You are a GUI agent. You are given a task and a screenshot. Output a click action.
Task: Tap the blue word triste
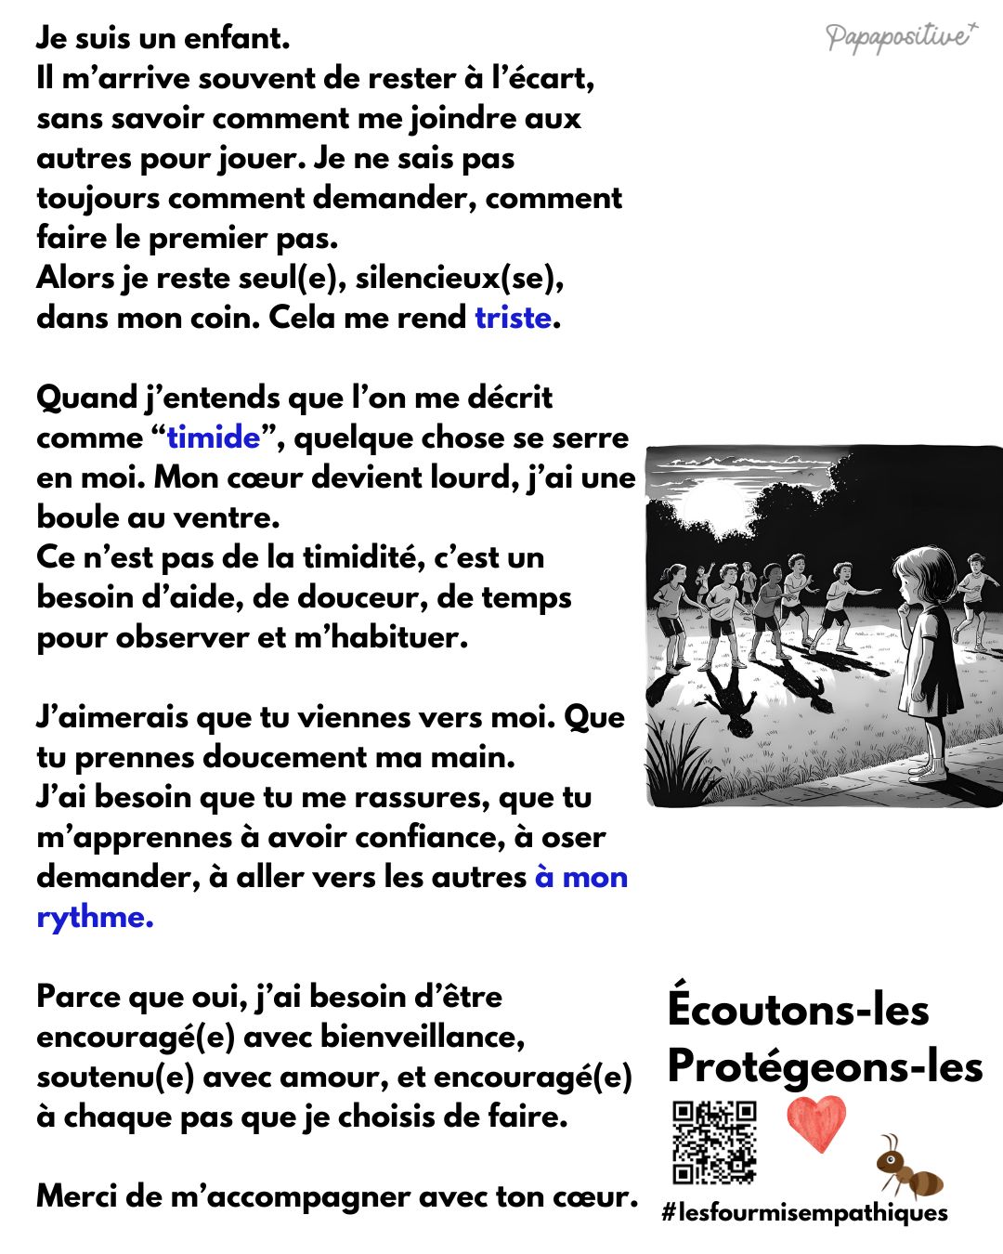coord(513,318)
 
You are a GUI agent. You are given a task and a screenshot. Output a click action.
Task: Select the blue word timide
coord(214,437)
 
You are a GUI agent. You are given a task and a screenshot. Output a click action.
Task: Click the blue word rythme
coord(93,917)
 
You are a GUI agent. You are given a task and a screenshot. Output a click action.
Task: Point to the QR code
coord(714,1143)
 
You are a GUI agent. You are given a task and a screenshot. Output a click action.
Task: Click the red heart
coord(816,1123)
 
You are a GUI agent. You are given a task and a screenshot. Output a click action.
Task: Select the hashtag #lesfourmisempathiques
coord(804,1212)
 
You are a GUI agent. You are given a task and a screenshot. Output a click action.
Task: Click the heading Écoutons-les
coord(798,1010)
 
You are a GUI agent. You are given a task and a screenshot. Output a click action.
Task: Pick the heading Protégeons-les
coord(825,1065)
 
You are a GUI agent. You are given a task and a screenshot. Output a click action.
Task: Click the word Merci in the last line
coord(76,1195)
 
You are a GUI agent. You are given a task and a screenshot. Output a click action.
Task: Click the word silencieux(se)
coord(459,278)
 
